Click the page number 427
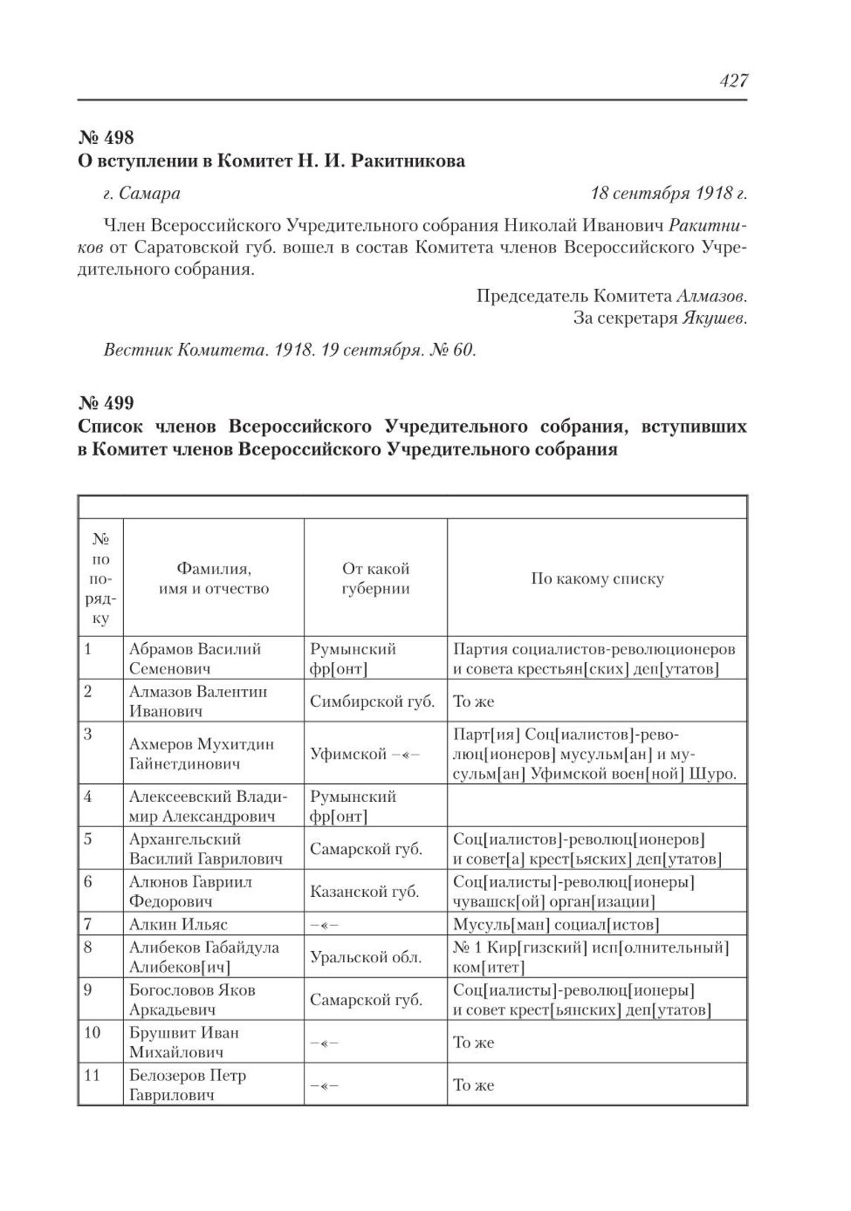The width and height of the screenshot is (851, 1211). coord(733,80)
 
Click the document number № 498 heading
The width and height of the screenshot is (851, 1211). coord(106,137)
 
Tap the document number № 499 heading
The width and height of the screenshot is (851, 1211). coord(106,403)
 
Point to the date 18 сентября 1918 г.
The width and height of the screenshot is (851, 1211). coord(668,194)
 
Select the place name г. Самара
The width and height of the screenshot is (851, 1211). coord(142,194)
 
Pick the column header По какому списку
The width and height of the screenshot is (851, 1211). coord(597,578)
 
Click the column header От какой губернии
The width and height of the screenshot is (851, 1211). coord(376,578)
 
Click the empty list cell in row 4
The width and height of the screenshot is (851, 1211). coord(597,806)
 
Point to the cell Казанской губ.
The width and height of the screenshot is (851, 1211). coord(365,892)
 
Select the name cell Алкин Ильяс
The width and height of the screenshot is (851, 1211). coord(178,924)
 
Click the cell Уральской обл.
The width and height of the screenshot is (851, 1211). coord(366,957)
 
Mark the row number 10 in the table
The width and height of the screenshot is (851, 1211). coord(93,1033)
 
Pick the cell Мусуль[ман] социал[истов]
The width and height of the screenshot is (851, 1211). coord(556,924)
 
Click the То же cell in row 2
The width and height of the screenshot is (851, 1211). coord(474,701)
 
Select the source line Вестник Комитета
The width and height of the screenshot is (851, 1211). coord(290,350)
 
